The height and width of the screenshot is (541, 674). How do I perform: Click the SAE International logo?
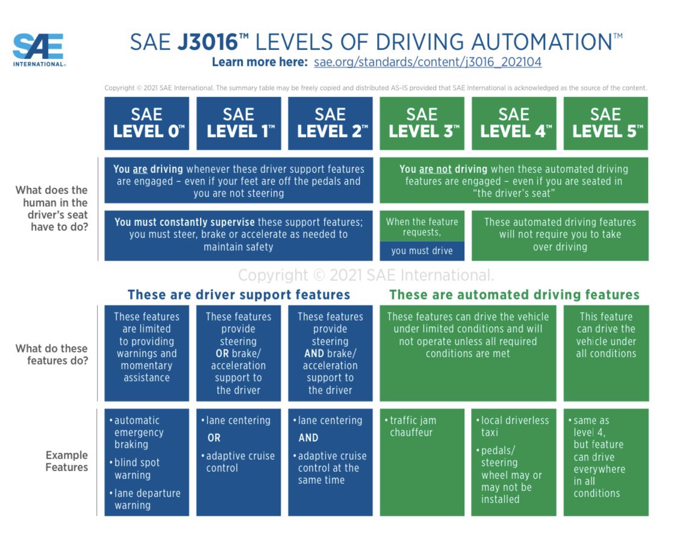click(39, 50)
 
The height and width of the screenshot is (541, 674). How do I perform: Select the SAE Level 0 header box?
click(146, 124)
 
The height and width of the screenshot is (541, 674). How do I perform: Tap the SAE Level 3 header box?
click(422, 124)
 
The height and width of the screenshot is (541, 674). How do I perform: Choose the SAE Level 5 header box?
click(605, 124)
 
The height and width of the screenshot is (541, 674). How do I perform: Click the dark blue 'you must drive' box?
click(422, 251)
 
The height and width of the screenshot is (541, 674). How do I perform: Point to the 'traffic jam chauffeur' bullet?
click(413, 427)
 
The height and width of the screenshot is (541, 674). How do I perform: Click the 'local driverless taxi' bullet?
click(514, 427)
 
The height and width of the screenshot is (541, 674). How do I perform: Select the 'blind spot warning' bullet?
click(137, 469)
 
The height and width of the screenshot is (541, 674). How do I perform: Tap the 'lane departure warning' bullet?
click(146, 499)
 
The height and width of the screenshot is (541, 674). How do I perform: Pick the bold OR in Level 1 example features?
click(214, 438)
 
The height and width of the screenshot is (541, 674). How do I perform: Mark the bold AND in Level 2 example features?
click(308, 438)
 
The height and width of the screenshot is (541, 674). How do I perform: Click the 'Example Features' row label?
click(67, 461)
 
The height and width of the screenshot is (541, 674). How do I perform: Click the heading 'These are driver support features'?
click(239, 295)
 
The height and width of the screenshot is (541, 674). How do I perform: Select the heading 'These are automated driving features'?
click(514, 295)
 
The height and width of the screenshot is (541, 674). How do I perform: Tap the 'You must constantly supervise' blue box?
click(239, 234)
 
